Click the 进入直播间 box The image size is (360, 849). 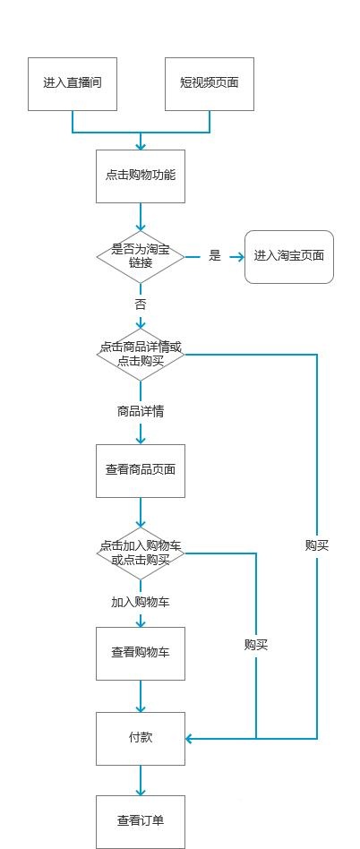pyautogui.click(x=73, y=84)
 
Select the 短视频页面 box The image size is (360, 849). pyautogui.click(x=210, y=84)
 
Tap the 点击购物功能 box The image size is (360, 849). pyautogui.click(x=141, y=176)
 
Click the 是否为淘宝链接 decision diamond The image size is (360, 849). pyautogui.click(x=141, y=257)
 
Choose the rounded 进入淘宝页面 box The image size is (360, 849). pyautogui.click(x=288, y=257)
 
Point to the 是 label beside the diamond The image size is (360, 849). pyautogui.click(x=215, y=256)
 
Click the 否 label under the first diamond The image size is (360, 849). pyautogui.click(x=141, y=304)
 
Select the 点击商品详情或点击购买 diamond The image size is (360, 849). pyautogui.click(x=141, y=354)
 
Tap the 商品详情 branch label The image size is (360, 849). pyautogui.click(x=141, y=412)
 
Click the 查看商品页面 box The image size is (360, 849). pyautogui.click(x=141, y=470)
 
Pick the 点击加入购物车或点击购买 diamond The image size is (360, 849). pyautogui.click(x=141, y=553)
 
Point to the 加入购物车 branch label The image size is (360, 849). pyautogui.click(x=141, y=603)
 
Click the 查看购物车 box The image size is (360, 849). pyautogui.click(x=141, y=653)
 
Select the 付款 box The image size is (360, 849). pyautogui.click(x=141, y=738)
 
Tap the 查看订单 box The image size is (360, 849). pyautogui.click(x=141, y=821)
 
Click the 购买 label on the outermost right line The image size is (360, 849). pyautogui.click(x=317, y=545)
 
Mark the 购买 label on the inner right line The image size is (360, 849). pyautogui.click(x=256, y=645)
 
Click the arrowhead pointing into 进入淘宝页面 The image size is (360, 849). pyautogui.click(x=239, y=257)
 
